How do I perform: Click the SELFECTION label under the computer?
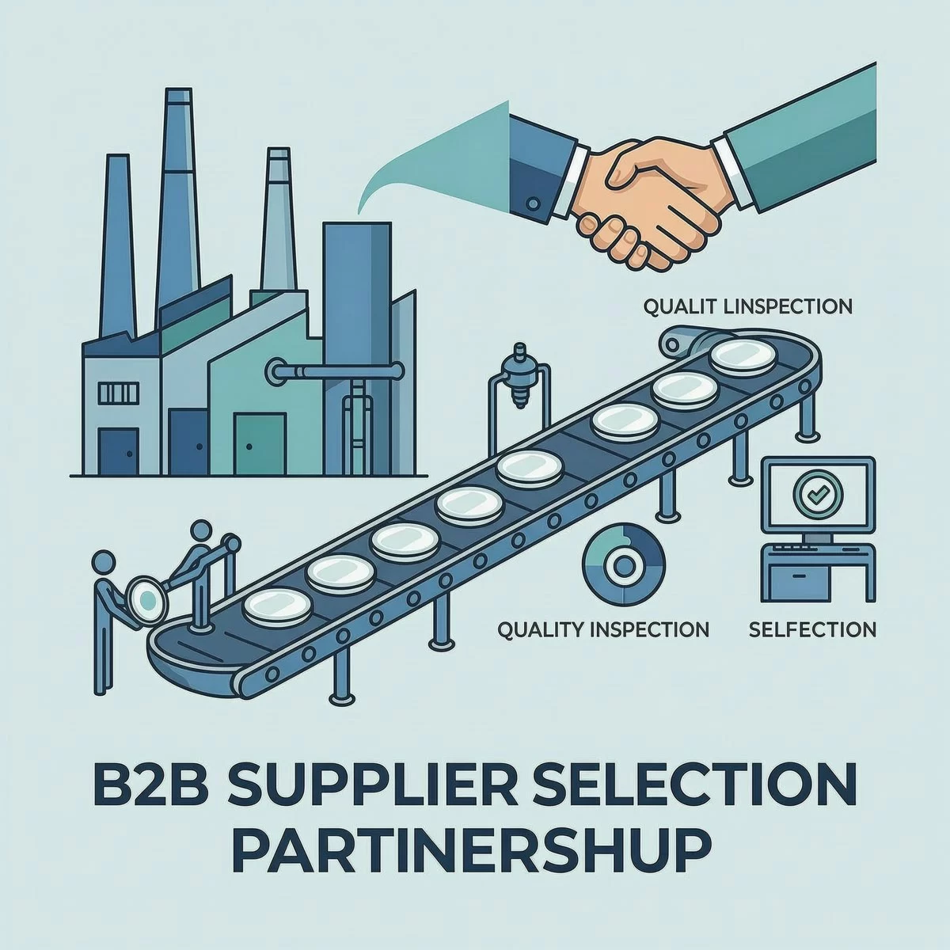(x=812, y=630)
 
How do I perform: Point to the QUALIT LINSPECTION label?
(x=747, y=306)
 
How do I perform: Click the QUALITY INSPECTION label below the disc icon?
(x=603, y=630)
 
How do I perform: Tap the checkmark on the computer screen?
(x=817, y=495)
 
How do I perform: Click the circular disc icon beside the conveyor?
(x=623, y=564)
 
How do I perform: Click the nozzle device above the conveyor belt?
(x=518, y=376)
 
